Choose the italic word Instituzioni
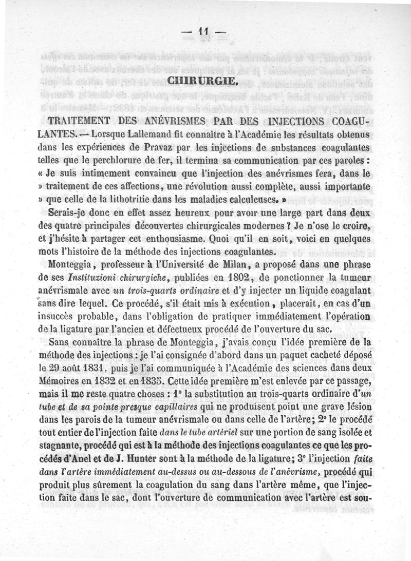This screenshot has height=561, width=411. click(x=85, y=278)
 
